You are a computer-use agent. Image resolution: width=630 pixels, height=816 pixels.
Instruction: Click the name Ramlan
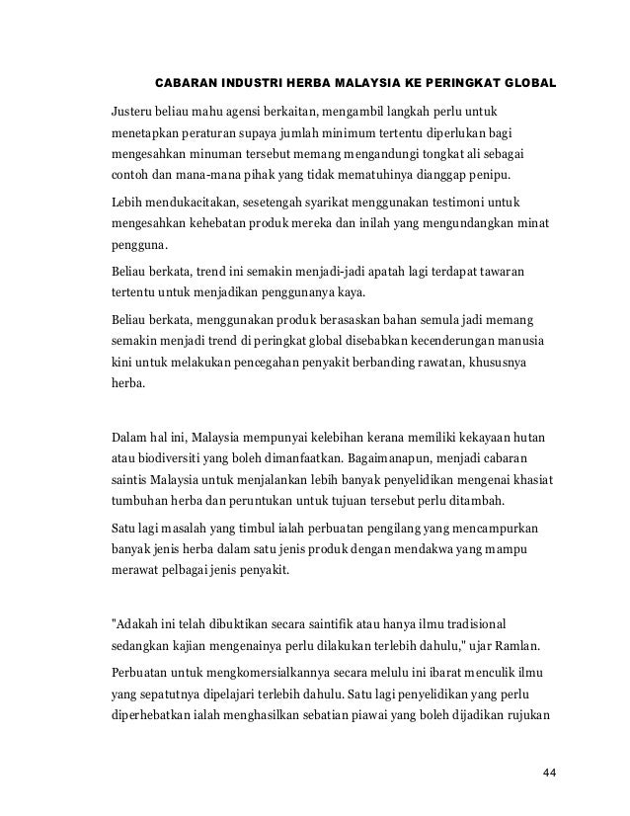pyautogui.click(x=514, y=651)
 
